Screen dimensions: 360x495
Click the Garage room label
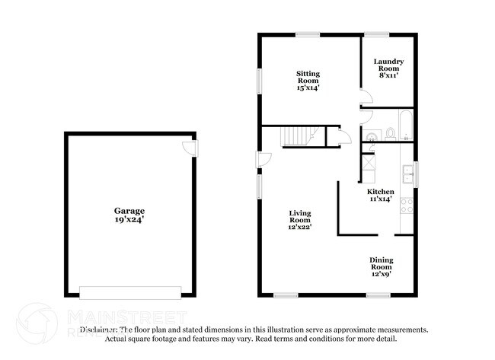tap(129, 211)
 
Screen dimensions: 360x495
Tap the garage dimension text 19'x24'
tap(129, 219)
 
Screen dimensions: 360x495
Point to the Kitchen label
tap(380, 191)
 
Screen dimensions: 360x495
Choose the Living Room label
tap(299, 215)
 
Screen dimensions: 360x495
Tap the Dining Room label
tap(382, 263)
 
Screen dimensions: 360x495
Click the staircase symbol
tap(299, 137)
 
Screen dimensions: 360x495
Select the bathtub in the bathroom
tap(406, 127)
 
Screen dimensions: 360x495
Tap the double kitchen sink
tap(407, 171)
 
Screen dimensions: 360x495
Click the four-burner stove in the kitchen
tap(407, 204)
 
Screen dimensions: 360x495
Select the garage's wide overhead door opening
tap(130, 292)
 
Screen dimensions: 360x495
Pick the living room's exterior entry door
tap(263, 158)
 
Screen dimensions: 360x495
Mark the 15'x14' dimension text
tap(308, 88)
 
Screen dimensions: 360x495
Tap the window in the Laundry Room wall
tap(375, 34)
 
